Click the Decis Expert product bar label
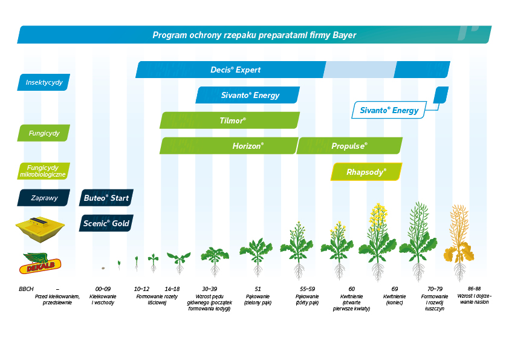[236, 70]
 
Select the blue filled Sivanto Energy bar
[247, 95]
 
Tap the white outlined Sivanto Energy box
[389, 110]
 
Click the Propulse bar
[349, 146]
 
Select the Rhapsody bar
[366, 172]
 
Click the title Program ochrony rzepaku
[254, 35]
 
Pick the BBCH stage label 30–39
[210, 289]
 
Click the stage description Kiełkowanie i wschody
[102, 299]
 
